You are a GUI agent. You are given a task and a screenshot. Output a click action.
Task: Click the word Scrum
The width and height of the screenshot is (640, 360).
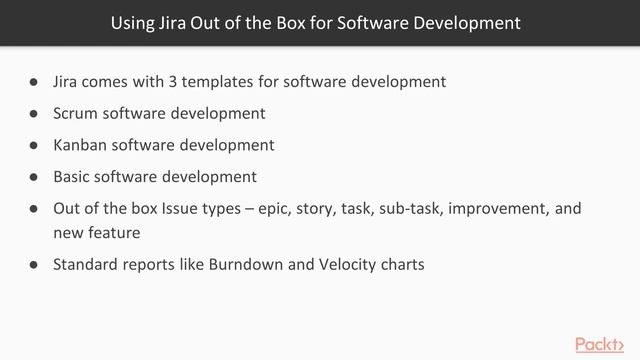pyautogui.click(x=77, y=113)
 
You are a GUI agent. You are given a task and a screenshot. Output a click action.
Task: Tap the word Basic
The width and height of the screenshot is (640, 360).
pyautogui.click(x=73, y=177)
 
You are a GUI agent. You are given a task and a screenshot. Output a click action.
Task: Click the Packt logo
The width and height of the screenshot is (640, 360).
pyautogui.click(x=601, y=344)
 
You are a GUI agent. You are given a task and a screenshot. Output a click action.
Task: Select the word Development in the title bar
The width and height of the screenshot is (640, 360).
pyautogui.click(x=470, y=21)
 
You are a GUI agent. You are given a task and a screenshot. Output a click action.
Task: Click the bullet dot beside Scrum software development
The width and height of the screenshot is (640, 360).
pyautogui.click(x=33, y=113)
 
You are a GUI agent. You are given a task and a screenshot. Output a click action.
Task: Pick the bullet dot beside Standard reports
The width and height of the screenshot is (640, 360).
pyautogui.click(x=33, y=265)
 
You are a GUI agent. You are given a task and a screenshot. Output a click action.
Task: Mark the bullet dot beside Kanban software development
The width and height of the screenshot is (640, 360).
pyautogui.click(x=33, y=145)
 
